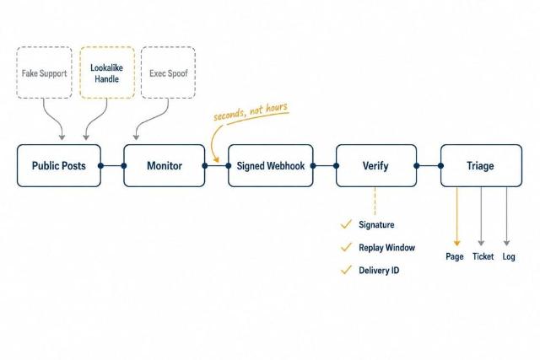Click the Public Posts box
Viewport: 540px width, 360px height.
(59, 165)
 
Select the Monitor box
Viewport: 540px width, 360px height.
(165, 165)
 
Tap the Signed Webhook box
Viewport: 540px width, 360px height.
(271, 165)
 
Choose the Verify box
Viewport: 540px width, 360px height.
(376, 165)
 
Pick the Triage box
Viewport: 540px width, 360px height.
(481, 165)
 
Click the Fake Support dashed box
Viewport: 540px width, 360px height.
(45, 73)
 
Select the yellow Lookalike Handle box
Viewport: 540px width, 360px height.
(107, 73)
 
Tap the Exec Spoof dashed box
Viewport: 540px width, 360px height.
(169, 73)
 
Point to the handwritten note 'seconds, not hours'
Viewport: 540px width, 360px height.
(251, 111)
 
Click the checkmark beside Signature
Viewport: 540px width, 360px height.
(346, 224)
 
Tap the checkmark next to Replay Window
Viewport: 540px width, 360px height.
(346, 247)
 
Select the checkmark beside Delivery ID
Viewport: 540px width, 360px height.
(346, 270)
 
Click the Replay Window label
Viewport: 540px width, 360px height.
(386, 248)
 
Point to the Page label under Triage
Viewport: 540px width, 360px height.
(455, 256)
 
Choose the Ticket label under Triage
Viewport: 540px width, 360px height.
(483, 256)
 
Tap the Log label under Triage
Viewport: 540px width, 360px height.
(509, 256)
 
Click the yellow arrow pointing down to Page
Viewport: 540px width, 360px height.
(457, 217)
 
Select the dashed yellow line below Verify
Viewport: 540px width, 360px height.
(375, 201)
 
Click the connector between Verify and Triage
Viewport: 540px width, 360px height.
(429, 166)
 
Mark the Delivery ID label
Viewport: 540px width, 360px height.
(379, 270)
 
